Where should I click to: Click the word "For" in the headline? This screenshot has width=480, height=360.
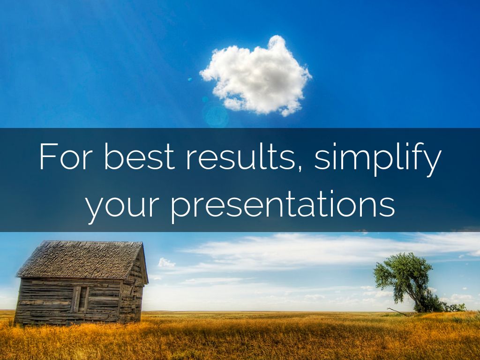pos(66,156)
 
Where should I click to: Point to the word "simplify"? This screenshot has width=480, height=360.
pos(378,159)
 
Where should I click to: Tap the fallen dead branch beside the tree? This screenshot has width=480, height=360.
pos(397,312)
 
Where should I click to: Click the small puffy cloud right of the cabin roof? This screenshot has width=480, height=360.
pos(166,262)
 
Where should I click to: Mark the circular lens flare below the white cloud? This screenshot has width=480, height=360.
pos(216,115)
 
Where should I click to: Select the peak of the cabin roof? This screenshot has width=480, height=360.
pos(142,243)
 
